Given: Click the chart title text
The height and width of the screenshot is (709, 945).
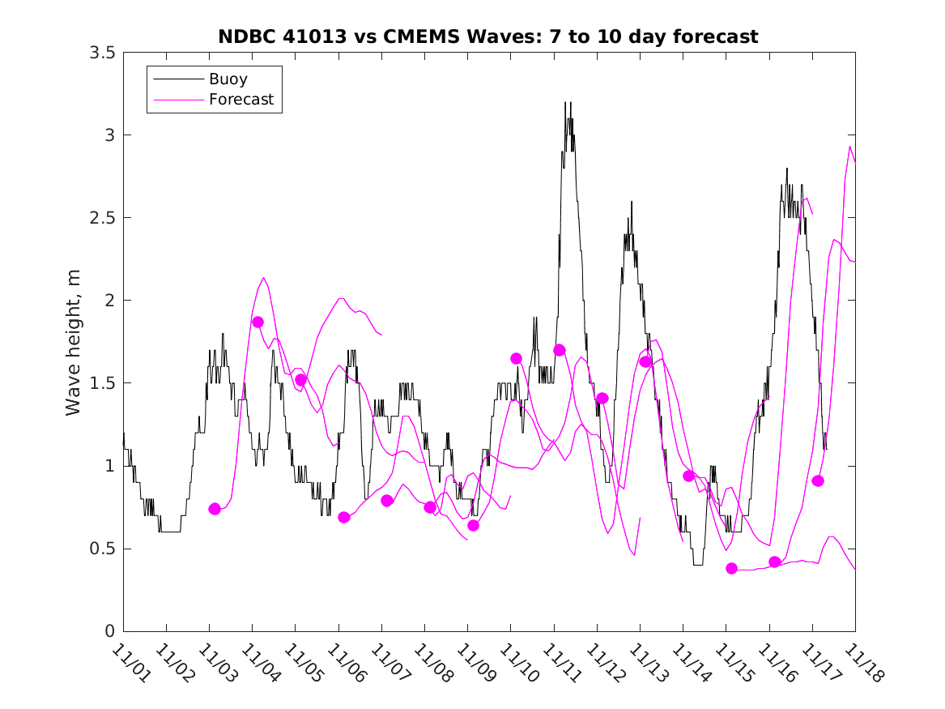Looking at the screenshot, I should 488,36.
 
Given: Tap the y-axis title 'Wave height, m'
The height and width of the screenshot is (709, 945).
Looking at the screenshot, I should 74,342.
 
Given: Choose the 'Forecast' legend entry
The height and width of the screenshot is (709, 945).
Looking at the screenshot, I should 241,100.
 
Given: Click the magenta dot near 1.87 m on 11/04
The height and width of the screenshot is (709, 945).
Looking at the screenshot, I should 258,322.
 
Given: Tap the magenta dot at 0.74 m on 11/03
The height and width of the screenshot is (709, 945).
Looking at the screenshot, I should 215,509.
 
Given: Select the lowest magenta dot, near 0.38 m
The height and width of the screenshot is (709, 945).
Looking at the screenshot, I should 732,568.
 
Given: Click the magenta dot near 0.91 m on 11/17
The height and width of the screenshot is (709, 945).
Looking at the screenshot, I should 818,480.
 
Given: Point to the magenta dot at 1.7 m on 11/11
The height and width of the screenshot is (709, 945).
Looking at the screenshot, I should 560,350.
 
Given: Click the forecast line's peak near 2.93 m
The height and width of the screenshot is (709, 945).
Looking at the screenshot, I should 849,147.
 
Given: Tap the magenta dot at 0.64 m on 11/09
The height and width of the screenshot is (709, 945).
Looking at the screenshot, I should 473,525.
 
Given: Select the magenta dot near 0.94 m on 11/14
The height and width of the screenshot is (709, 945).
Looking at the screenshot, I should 688,476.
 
